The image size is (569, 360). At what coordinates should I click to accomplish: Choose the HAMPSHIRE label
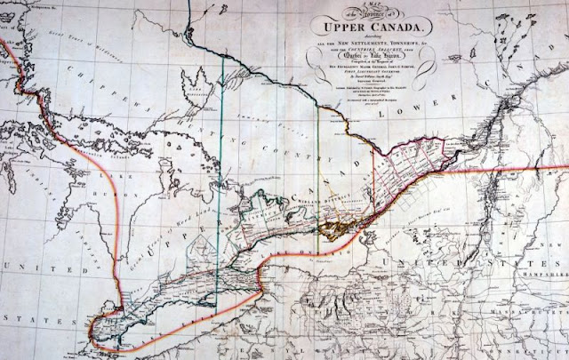pyautogui.click(x=542, y=252)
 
